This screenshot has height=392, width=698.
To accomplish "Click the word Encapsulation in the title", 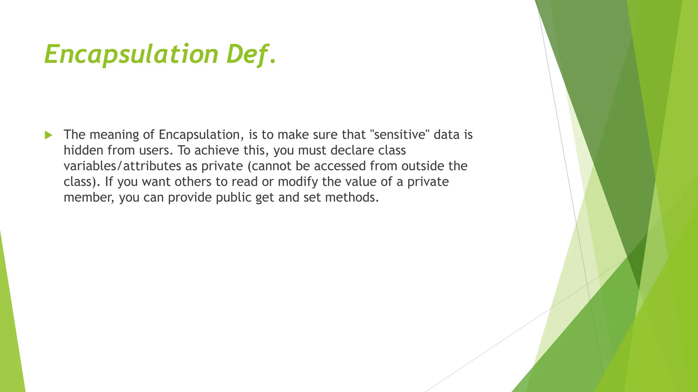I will [x=131, y=54].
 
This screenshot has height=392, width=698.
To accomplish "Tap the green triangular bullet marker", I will [x=48, y=135].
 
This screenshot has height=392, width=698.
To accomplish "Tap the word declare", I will [x=352, y=150].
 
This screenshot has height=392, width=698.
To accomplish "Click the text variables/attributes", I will [x=122, y=166].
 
